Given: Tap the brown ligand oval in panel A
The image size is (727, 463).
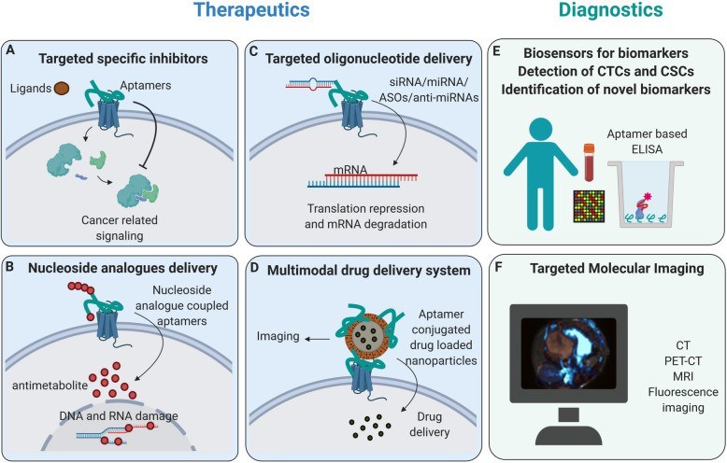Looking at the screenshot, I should tap(61, 90).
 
